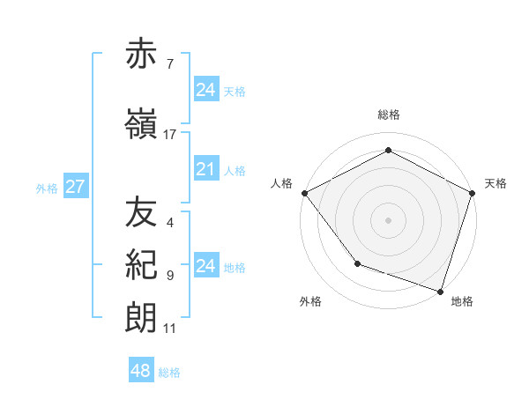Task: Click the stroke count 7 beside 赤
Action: [169, 64]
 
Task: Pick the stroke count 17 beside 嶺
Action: [169, 134]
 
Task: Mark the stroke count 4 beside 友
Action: [169, 223]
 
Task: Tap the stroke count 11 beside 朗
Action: [169, 329]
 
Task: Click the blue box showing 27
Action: [75, 187]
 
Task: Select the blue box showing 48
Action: [140, 371]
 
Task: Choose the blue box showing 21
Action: [205, 169]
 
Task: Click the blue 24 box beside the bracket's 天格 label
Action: [205, 89]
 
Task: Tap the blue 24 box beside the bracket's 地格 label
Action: [205, 266]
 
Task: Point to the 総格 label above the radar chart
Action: [389, 115]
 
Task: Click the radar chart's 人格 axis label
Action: [282, 183]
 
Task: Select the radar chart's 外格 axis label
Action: [310, 301]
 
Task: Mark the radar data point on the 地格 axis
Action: [440, 291]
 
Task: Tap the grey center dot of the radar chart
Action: [389, 219]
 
